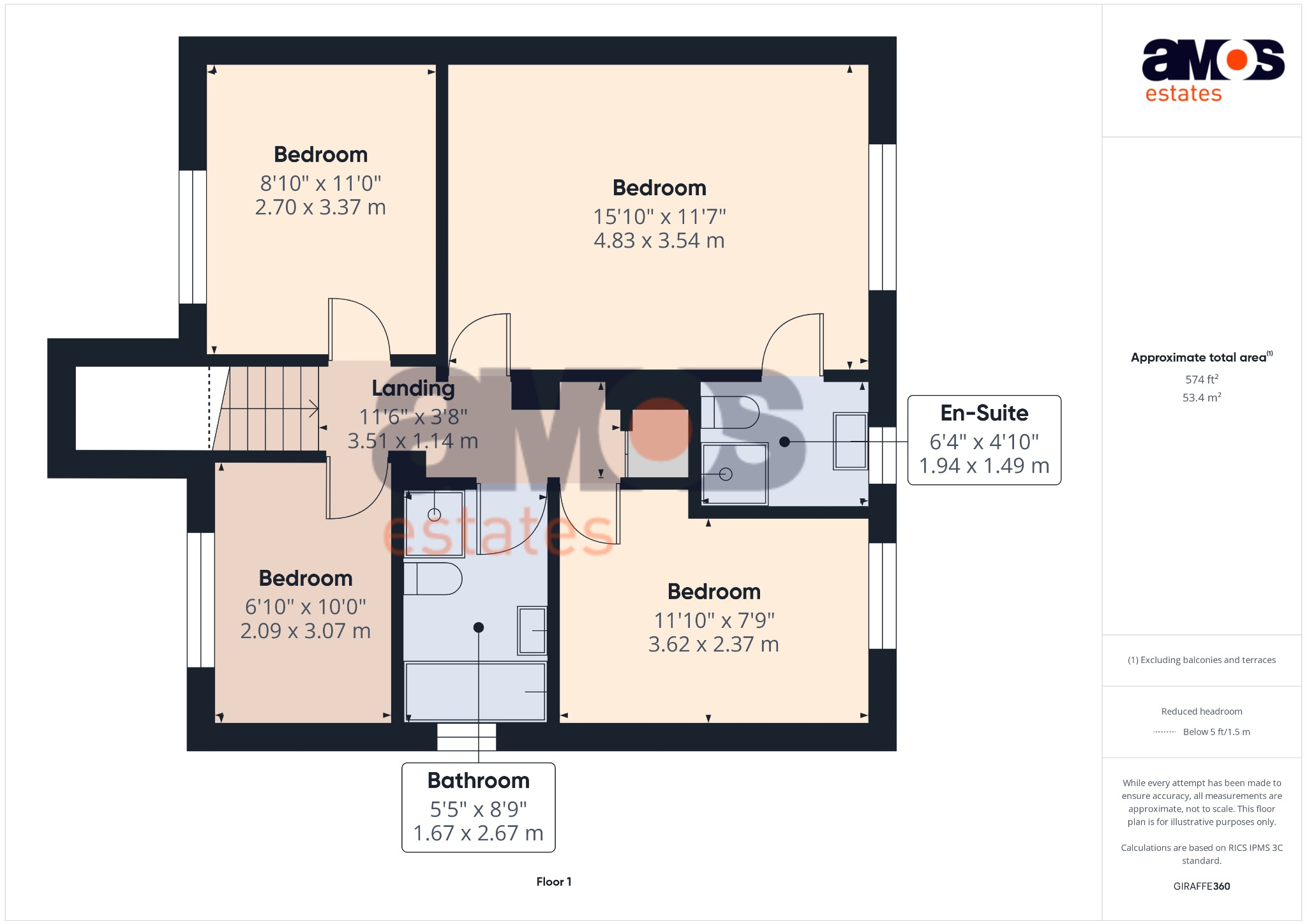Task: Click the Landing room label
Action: point(413,388)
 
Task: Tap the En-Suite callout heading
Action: point(983,413)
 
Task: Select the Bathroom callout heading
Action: point(478,780)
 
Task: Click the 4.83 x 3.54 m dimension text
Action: point(659,241)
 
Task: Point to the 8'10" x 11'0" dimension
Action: point(320,183)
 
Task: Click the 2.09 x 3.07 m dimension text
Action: point(305,630)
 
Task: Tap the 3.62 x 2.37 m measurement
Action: point(713,645)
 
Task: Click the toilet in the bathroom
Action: point(432,578)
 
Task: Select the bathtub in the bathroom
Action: point(475,692)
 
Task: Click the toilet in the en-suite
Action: point(729,412)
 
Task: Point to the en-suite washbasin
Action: point(850,441)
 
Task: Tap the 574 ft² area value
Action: point(1201,379)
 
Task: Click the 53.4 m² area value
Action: point(1201,398)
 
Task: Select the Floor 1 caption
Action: point(553,881)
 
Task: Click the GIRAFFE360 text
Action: point(1201,886)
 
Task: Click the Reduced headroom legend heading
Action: point(1201,711)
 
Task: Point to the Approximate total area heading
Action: point(1198,357)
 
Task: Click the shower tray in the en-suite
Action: point(734,473)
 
